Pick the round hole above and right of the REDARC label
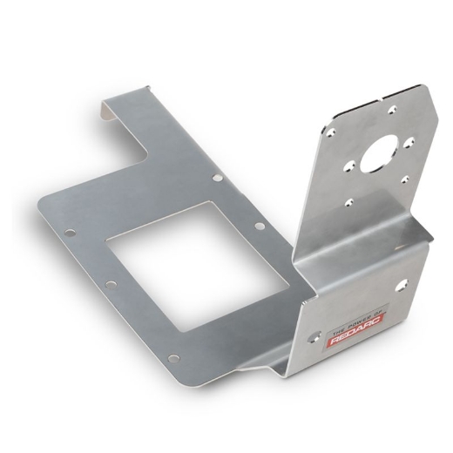point(402,283)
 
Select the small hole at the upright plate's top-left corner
point(332,131)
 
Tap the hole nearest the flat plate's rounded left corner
point(69,233)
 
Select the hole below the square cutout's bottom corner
point(173,357)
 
